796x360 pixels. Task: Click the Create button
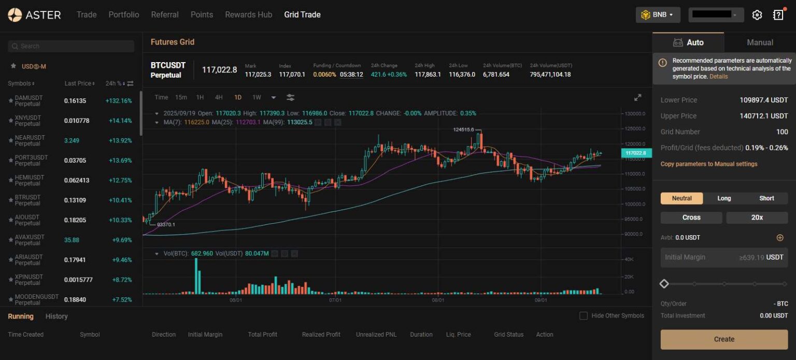tap(724, 339)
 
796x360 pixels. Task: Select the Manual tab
tap(760, 42)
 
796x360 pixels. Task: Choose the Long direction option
tap(724, 198)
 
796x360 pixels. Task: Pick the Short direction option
tap(766, 198)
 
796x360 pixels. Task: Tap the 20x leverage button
tap(757, 218)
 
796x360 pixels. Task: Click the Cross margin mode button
tap(691, 218)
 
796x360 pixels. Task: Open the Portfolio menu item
tap(123, 15)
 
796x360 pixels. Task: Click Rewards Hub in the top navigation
tap(248, 15)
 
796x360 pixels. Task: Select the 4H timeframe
tap(219, 97)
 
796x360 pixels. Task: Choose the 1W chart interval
tap(257, 97)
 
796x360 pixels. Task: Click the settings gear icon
tap(757, 15)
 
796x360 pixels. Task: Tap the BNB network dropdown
tap(658, 15)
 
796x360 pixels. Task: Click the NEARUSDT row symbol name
tap(30, 138)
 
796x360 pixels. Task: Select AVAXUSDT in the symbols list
tap(30, 237)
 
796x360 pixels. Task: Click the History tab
tap(56, 316)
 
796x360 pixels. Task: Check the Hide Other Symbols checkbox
tap(584, 315)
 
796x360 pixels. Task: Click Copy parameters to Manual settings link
tap(708, 164)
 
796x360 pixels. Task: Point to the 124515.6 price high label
tap(463, 129)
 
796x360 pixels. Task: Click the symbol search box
tap(71, 46)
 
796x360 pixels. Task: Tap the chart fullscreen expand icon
tap(637, 97)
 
